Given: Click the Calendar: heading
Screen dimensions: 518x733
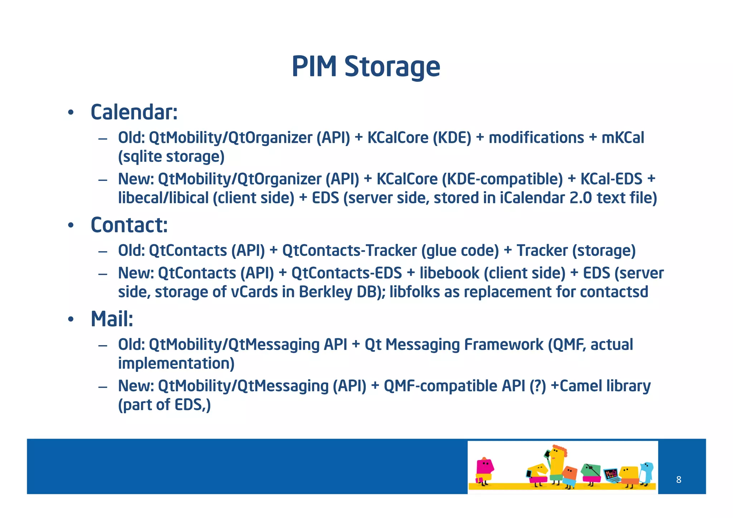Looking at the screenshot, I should [134, 112].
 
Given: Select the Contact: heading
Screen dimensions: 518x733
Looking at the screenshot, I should [129, 225].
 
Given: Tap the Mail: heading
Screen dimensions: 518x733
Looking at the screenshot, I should [112, 319].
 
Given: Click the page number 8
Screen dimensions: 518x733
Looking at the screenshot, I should [679, 480].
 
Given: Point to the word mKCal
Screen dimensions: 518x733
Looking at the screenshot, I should [622, 138].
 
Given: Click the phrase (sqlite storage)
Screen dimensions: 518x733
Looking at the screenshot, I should [171, 157].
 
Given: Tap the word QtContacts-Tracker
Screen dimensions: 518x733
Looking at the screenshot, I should [349, 251].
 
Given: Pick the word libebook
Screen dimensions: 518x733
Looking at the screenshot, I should [449, 273].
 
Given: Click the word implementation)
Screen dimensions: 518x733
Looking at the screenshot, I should [176, 363].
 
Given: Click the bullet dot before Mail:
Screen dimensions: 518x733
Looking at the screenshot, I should [71, 319].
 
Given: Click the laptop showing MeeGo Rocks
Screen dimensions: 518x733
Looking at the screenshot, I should [611, 475].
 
